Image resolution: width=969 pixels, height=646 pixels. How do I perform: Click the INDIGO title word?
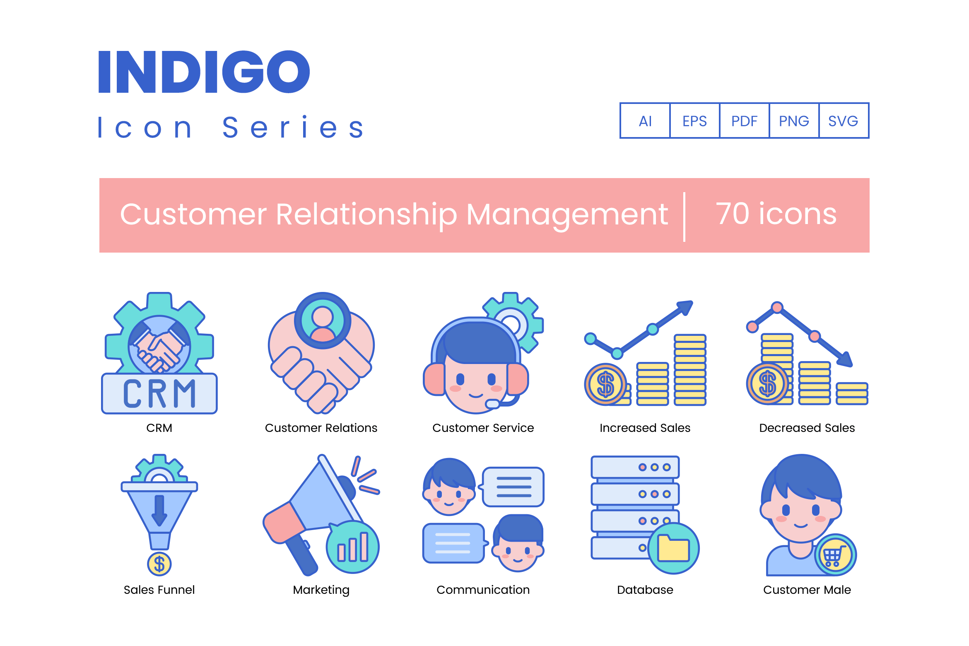pyautogui.click(x=204, y=72)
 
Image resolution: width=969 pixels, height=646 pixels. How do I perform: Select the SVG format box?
pyautogui.click(x=844, y=121)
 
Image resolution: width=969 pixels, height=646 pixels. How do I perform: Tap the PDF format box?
pyautogui.click(x=744, y=121)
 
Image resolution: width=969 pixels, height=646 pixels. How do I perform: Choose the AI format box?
pyautogui.click(x=645, y=121)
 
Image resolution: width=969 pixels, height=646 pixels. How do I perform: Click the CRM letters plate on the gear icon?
pyautogui.click(x=159, y=393)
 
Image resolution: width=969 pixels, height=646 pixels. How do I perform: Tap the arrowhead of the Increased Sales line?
pyautogui.click(x=685, y=308)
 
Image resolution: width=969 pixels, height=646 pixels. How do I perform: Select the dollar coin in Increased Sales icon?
pyautogui.click(x=605, y=384)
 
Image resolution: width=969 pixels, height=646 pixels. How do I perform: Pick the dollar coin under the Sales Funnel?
pyautogui.click(x=159, y=564)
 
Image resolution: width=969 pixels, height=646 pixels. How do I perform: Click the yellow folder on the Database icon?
pyautogui.click(x=673, y=548)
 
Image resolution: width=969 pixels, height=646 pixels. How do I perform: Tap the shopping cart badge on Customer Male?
pyautogui.click(x=835, y=555)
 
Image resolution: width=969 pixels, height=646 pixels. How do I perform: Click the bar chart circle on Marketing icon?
pyautogui.click(x=353, y=547)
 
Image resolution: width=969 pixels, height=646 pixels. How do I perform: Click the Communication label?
pyautogui.click(x=483, y=590)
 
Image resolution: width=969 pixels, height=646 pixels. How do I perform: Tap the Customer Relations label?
pyautogui.click(x=321, y=428)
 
